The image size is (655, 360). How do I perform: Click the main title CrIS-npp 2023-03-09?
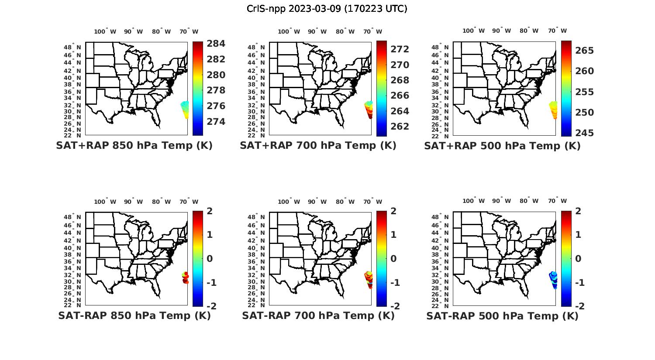click(x=327, y=9)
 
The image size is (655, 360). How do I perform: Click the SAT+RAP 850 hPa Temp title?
click(x=134, y=146)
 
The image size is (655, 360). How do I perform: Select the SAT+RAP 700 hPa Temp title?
click(x=318, y=146)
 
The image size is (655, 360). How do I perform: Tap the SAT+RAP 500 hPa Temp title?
click(x=502, y=146)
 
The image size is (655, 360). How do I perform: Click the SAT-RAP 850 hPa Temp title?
click(x=134, y=315)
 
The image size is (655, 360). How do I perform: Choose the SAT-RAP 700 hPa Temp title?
click(x=318, y=315)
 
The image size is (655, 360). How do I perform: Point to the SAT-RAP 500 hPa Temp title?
click(x=502, y=315)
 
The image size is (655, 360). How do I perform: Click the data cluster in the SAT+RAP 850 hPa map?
click(x=185, y=109)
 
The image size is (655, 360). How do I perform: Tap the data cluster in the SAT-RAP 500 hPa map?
click(x=553, y=280)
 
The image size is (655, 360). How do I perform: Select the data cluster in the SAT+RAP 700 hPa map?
click(x=369, y=110)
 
